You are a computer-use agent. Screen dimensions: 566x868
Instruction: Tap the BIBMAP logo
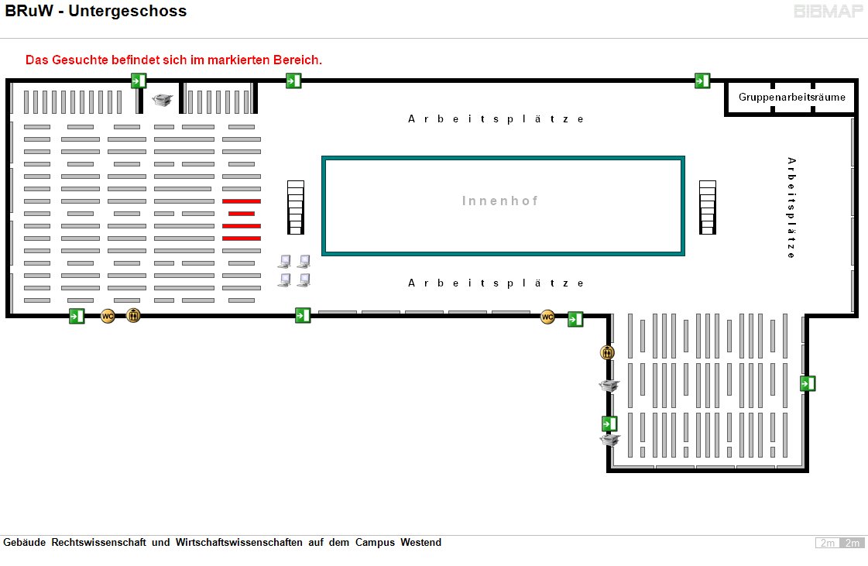tap(829, 11)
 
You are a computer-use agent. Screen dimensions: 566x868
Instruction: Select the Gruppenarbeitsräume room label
tap(791, 98)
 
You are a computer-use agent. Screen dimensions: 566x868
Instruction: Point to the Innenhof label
tap(500, 201)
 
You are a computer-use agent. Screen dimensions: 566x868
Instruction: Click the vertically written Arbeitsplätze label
tap(791, 208)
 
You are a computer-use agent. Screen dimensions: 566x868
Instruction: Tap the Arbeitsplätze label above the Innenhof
tap(496, 119)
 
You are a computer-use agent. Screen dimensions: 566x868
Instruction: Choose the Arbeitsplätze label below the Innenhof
tap(496, 283)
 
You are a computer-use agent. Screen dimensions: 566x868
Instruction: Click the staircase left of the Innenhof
tap(296, 207)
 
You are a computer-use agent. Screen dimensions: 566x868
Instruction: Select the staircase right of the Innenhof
tap(708, 207)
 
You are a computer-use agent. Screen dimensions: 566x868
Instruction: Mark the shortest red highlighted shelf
tap(242, 214)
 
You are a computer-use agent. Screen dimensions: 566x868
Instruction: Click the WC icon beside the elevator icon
tap(108, 316)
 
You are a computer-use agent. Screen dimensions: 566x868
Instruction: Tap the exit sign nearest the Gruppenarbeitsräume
tap(702, 81)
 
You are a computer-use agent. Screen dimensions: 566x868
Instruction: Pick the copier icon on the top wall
tap(163, 100)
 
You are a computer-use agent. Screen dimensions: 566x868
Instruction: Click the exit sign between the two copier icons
tap(610, 424)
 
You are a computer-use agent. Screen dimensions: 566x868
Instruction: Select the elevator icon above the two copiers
tap(607, 353)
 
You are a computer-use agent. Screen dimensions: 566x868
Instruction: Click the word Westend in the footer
tap(420, 543)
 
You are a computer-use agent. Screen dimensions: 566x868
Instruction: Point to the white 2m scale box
tap(827, 543)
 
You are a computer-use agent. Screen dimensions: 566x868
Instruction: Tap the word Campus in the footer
tap(376, 543)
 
